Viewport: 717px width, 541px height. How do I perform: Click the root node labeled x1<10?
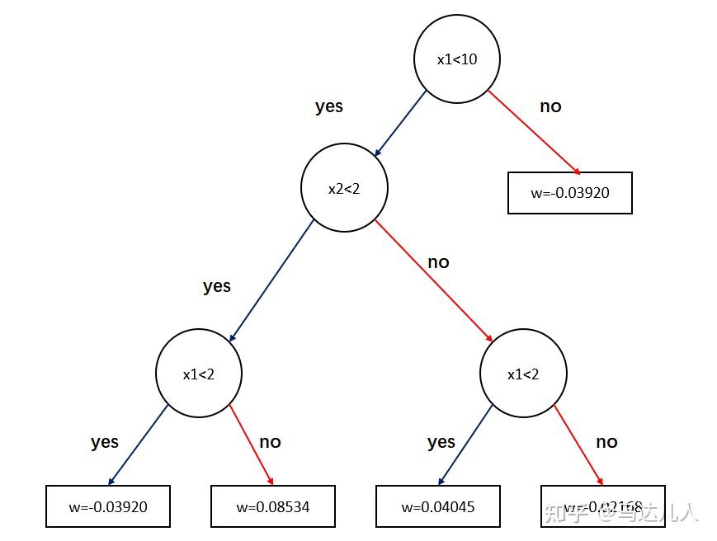[x=456, y=59]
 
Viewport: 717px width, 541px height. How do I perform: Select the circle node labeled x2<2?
[x=344, y=188]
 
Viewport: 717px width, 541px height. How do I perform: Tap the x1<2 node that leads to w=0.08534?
[x=198, y=374]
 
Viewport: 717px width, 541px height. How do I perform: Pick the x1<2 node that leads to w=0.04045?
[x=523, y=374]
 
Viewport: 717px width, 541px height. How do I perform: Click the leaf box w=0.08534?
[x=273, y=506]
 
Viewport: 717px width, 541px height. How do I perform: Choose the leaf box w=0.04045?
[x=438, y=506]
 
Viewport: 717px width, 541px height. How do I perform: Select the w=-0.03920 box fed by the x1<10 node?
[x=569, y=193]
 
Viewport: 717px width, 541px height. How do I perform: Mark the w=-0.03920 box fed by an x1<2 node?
[x=108, y=506]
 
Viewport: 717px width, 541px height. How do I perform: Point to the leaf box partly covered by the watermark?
[x=603, y=506]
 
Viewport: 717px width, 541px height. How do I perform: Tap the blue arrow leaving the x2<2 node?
[x=271, y=280]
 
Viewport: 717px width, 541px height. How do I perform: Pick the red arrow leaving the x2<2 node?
[x=434, y=280]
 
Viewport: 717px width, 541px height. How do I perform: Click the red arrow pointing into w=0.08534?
[x=251, y=445]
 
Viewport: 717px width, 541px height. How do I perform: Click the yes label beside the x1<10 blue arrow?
[x=328, y=106]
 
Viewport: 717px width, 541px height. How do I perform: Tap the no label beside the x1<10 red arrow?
[x=550, y=106]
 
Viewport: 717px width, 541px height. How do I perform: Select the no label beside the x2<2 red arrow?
[x=438, y=262]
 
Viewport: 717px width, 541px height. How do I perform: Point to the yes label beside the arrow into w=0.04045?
[x=441, y=442]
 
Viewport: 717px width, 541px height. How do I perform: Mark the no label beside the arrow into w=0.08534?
[x=270, y=442]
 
